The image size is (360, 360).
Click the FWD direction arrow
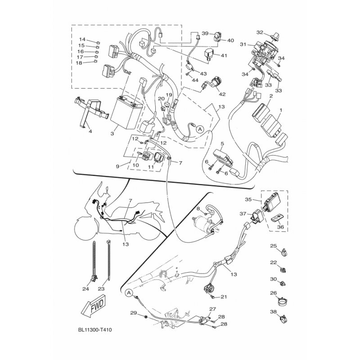94,306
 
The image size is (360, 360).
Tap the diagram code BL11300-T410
95,330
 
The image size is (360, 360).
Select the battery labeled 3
127,113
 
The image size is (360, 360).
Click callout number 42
222,94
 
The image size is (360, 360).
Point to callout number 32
260,32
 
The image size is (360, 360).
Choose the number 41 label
224,55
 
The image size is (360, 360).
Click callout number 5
222,144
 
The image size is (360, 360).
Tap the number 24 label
85,289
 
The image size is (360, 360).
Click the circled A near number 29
129,293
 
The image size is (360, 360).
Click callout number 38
274,311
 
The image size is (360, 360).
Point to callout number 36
280,227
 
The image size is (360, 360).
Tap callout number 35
248,199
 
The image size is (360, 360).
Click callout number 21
224,297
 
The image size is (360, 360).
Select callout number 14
82,39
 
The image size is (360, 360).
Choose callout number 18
79,63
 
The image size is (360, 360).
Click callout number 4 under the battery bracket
90,131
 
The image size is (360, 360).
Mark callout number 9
117,166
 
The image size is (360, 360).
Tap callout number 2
271,96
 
